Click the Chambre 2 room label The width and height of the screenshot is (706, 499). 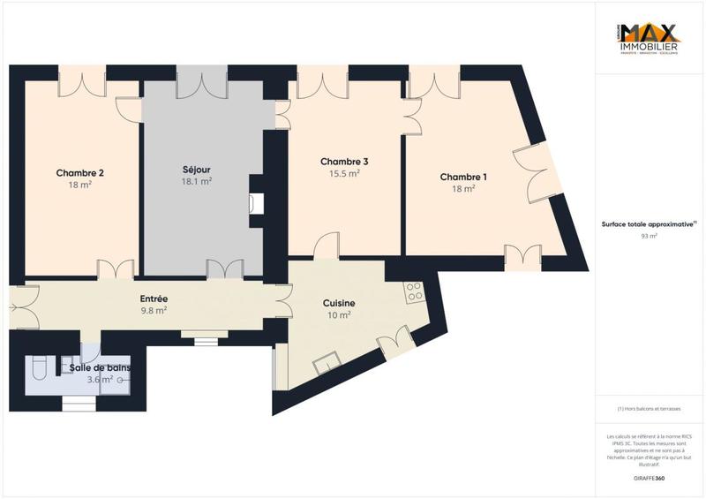click(80, 173)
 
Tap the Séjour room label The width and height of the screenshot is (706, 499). click(196, 170)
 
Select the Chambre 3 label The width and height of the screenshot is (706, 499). click(344, 162)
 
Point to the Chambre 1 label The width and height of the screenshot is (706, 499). click(463, 178)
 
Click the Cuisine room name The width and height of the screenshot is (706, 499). click(340, 303)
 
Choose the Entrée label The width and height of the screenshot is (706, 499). click(154, 299)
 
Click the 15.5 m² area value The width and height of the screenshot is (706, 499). click(344, 174)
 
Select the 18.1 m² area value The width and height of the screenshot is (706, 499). click(196, 181)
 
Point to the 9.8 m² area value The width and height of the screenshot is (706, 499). click(154, 311)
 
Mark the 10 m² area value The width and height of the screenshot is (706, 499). click(340, 315)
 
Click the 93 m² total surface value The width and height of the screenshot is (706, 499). click(650, 237)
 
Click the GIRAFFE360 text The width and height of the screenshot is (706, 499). click(650, 478)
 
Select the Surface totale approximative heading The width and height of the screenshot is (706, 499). click(650, 224)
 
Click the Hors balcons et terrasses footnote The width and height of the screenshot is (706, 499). click(650, 408)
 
